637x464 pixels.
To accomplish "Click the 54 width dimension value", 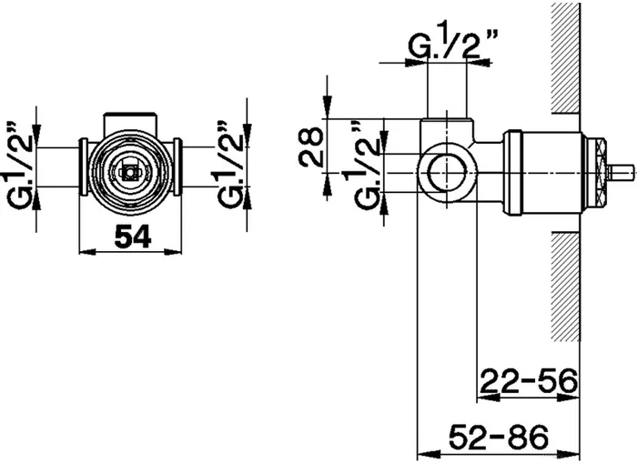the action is [133, 237].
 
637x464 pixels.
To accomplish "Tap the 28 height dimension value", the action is [311, 147].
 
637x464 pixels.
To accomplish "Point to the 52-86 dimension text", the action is [499, 438].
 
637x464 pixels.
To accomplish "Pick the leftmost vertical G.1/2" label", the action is [18, 165].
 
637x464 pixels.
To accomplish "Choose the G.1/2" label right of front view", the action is [229, 165].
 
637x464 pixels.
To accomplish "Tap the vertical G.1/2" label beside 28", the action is [366, 165].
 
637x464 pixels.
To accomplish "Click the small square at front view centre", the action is [129, 173].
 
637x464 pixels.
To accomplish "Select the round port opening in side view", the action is [447, 173].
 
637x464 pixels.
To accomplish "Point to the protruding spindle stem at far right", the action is [620, 173].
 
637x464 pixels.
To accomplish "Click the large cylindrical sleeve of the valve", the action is [543, 173].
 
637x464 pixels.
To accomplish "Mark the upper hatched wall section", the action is [565, 57].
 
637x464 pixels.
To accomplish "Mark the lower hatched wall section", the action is [565, 287].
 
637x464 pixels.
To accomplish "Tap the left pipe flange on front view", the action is [83, 167].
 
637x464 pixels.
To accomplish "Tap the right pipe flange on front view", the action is [177, 167].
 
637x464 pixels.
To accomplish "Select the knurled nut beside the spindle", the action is [595, 173].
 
